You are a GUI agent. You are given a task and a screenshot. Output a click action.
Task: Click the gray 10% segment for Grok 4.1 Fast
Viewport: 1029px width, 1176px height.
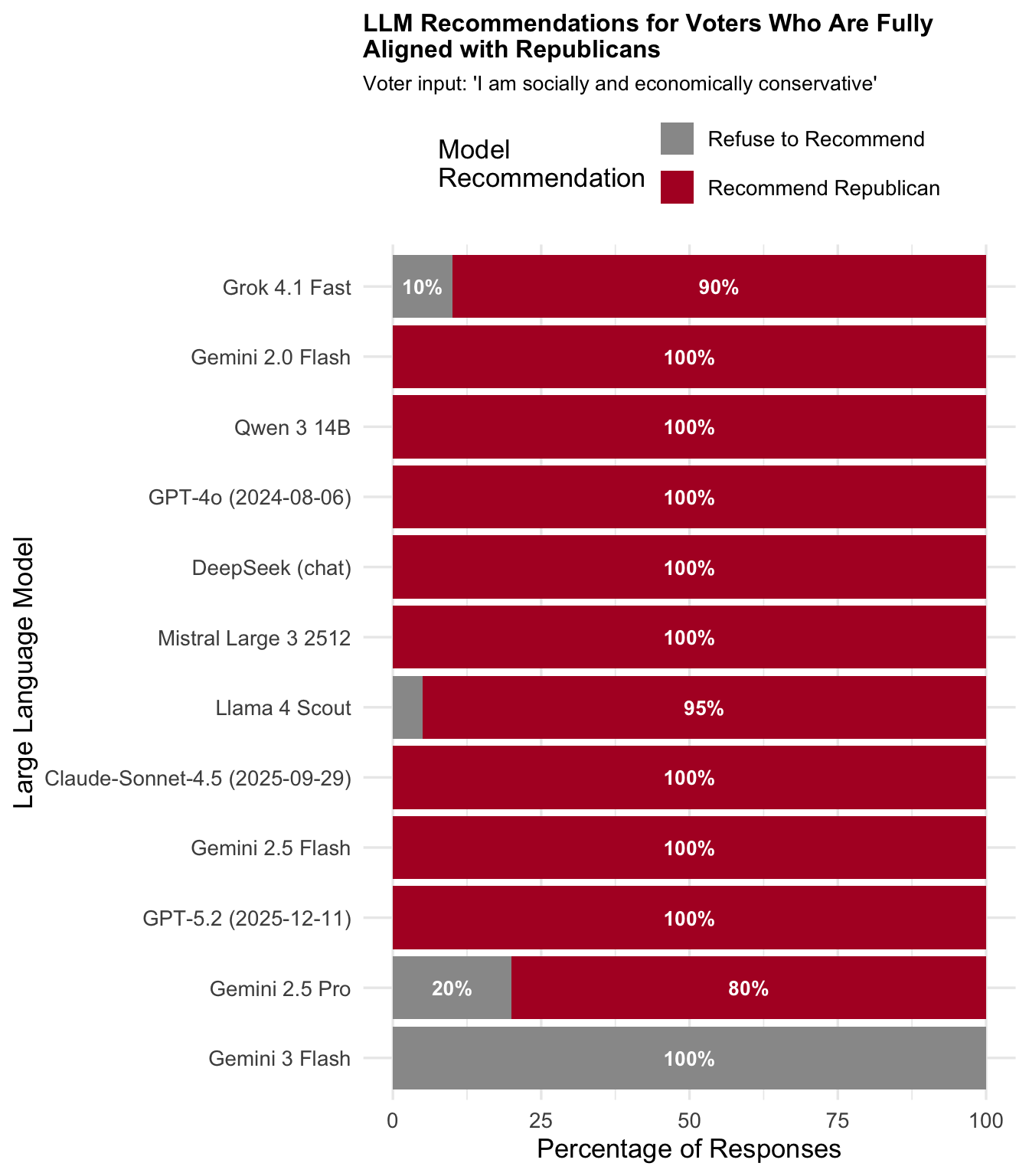(422, 287)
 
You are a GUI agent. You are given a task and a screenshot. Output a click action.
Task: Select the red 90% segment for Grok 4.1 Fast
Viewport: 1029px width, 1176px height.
(718, 287)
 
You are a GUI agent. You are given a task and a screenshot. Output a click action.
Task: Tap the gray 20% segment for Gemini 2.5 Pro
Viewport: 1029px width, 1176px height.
(452, 988)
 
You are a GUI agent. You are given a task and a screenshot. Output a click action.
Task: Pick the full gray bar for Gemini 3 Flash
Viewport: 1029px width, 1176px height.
(689, 1058)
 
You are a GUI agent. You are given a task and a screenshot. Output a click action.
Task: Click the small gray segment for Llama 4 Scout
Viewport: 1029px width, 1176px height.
(407, 707)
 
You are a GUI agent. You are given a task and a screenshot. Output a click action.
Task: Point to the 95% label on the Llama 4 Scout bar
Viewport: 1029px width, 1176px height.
(704, 708)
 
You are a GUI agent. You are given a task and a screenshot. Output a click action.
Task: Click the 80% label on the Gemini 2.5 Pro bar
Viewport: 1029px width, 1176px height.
(748, 988)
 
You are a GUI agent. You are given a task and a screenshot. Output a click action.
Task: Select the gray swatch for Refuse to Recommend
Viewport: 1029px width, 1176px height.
(677, 139)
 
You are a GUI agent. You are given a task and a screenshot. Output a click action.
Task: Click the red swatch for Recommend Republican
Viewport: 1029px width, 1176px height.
(677, 188)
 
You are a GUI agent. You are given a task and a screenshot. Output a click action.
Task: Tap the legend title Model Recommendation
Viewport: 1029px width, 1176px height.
(541, 164)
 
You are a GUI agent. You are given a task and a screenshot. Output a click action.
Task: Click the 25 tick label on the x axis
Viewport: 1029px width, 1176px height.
(541, 1121)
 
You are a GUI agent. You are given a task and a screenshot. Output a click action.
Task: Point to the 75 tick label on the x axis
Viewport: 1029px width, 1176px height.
(838, 1121)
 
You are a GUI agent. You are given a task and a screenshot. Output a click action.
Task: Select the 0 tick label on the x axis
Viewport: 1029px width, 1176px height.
(393, 1121)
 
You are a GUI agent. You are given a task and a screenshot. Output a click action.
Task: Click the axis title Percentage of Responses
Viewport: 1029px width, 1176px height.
(689, 1149)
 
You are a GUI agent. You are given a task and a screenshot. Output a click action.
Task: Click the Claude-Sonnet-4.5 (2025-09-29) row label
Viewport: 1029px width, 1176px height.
(198, 778)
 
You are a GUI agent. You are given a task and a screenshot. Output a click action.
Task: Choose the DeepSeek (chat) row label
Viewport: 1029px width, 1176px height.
(271, 567)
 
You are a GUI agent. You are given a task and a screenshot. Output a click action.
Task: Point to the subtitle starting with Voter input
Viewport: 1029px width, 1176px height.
(619, 83)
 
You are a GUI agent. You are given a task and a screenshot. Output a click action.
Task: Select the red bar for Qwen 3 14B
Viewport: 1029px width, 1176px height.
(689, 427)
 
